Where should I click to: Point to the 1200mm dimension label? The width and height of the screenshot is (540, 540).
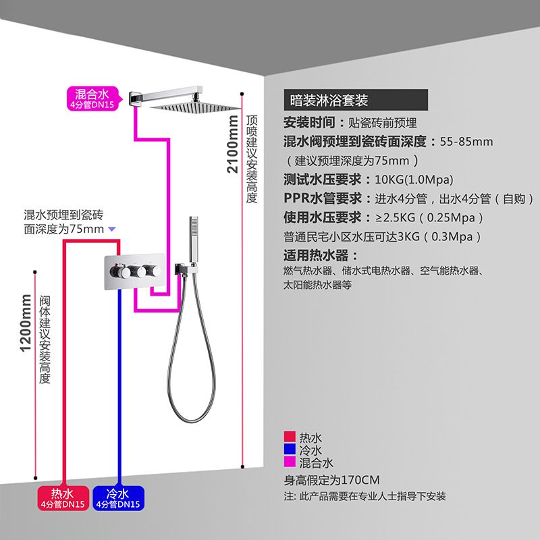[26, 323]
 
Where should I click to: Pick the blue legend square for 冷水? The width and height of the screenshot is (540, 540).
[290, 450]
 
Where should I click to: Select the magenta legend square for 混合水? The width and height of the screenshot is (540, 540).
[290, 463]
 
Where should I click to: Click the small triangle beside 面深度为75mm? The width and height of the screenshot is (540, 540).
[112, 230]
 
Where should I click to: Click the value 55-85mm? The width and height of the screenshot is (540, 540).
[466, 142]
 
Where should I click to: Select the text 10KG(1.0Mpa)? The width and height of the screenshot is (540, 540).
[413, 180]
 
